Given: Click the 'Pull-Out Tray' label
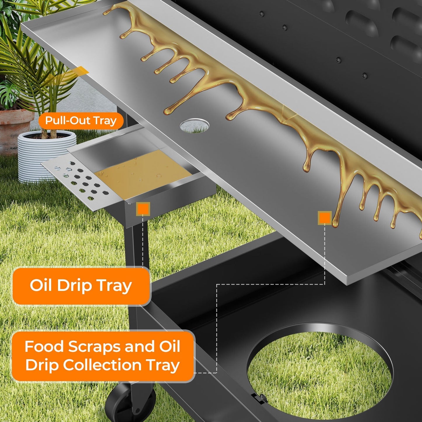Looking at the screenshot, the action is (x=81, y=121).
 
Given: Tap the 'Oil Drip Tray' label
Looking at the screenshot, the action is (x=81, y=285).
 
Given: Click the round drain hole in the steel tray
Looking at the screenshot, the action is (x=194, y=126).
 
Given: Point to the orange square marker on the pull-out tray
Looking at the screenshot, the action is (x=143, y=209).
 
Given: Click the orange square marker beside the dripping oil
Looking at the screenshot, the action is (x=324, y=218).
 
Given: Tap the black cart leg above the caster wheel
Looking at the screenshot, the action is (x=137, y=307).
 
